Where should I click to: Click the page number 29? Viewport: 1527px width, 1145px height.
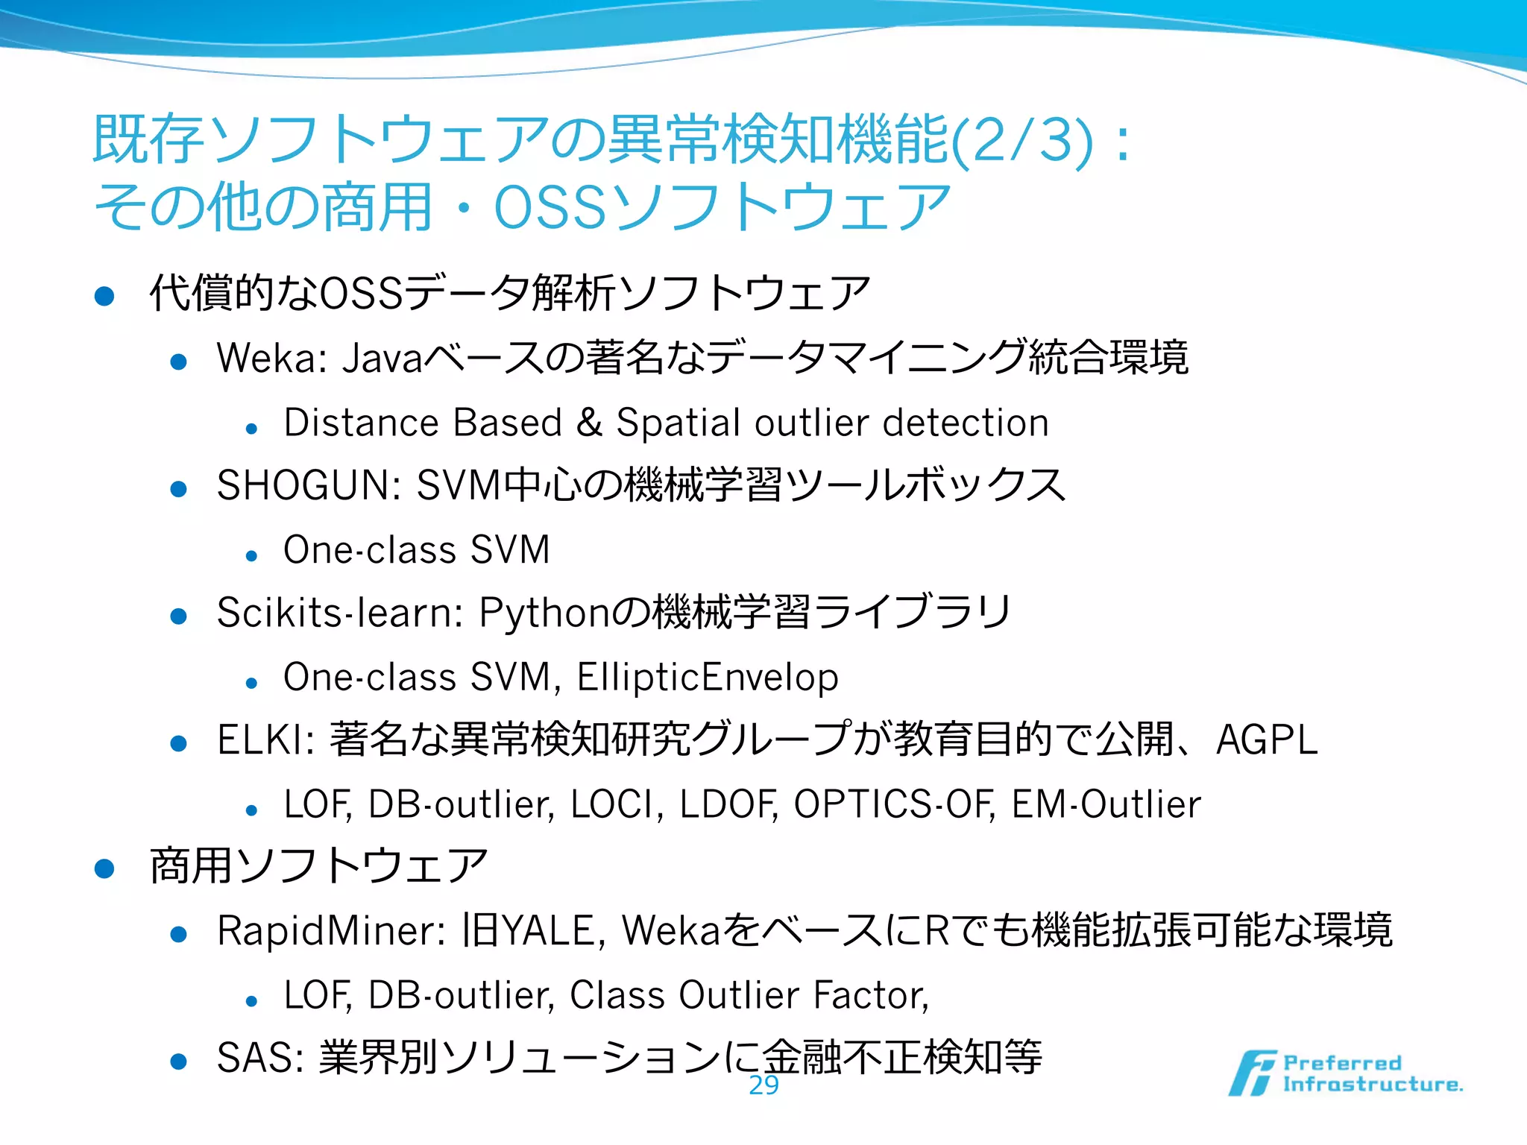coord(763,1085)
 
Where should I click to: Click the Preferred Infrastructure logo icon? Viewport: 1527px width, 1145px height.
coord(1253,1073)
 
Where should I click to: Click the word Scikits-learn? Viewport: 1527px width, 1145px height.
coord(340,613)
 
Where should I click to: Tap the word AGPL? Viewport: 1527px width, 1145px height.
coord(1266,740)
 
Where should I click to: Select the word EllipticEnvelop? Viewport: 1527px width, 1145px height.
coord(708,677)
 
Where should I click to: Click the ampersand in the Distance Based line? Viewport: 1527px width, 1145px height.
coord(589,423)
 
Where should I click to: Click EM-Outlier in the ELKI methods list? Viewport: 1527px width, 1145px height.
coord(1106,804)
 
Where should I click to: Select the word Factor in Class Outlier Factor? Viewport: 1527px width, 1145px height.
coord(869,995)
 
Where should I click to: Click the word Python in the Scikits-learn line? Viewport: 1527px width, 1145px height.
coord(544,613)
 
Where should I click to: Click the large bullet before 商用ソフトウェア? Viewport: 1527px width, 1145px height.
coord(104,868)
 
